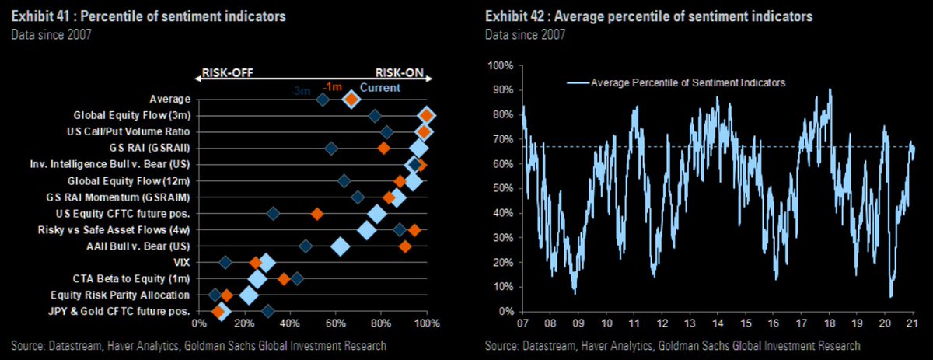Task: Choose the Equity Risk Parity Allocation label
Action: [121, 295]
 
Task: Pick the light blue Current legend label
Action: [380, 89]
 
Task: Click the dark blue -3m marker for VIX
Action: [225, 263]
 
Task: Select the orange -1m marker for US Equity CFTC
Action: [316, 213]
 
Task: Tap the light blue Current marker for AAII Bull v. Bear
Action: [340, 246]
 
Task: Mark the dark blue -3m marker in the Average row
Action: [323, 100]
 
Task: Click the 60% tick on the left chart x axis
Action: [335, 323]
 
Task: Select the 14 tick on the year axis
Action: [717, 322]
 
